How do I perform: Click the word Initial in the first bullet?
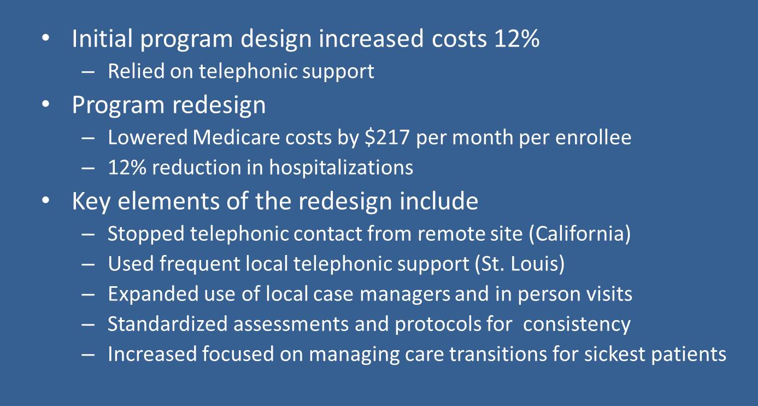[102, 38]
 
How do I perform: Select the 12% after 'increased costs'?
[517, 38]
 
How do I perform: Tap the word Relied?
[136, 71]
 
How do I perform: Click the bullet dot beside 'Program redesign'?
[46, 104]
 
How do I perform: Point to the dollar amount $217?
[387, 137]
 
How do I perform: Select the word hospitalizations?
[341, 167]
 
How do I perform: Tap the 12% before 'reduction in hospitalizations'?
[127, 167]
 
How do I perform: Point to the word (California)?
[580, 234]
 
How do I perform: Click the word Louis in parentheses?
[538, 264]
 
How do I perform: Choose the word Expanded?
[153, 294]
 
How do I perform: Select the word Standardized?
[168, 324]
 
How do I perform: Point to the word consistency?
[577, 324]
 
